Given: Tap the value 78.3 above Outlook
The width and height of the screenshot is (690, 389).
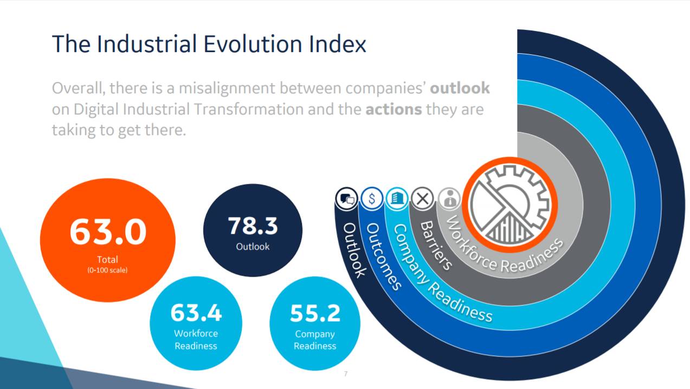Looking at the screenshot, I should click(x=253, y=226).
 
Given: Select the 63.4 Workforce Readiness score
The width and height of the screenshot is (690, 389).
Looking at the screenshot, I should click(x=196, y=313).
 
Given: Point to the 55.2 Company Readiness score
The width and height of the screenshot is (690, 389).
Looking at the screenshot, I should click(x=315, y=313).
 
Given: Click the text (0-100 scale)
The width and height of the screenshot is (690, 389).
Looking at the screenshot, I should click(x=107, y=270).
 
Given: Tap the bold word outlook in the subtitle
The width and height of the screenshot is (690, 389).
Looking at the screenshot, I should click(x=460, y=88).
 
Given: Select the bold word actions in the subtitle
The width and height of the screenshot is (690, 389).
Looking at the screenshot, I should click(x=394, y=109).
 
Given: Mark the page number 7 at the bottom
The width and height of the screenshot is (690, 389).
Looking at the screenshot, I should click(x=345, y=374).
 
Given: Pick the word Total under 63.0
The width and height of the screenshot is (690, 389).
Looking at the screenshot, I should click(x=107, y=259).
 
